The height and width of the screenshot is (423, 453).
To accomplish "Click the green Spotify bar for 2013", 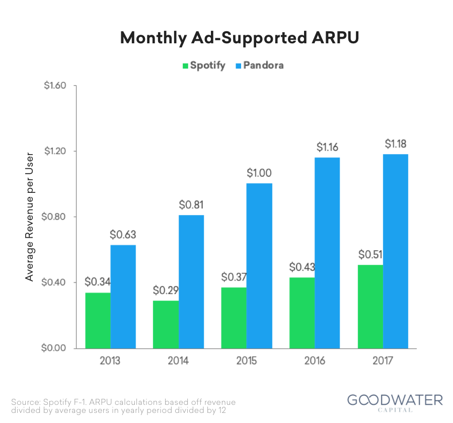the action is click(x=98, y=320).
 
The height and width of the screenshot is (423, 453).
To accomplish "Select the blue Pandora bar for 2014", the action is click(x=191, y=281).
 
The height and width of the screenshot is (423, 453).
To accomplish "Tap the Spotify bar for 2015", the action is click(x=234, y=318).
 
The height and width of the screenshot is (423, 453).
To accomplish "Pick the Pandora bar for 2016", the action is click(x=327, y=253).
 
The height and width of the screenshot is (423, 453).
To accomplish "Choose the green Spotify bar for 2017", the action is click(x=370, y=307).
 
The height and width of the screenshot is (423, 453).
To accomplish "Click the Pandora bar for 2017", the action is click(x=396, y=251).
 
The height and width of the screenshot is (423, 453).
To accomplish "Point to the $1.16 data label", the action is click(x=327, y=147).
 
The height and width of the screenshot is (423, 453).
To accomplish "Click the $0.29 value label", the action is click(x=166, y=290).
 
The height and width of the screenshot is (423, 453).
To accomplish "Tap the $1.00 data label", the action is click(x=259, y=173).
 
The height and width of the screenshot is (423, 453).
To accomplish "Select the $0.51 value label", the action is click(x=370, y=254).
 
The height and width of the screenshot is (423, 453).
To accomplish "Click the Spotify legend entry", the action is click(x=204, y=65).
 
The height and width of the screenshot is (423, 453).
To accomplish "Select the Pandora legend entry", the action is click(x=260, y=65).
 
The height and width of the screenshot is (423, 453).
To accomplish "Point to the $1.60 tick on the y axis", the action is click(x=55, y=86).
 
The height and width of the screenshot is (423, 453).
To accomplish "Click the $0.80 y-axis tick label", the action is click(x=54, y=217).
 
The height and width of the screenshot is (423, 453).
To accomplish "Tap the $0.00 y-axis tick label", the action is click(x=54, y=347).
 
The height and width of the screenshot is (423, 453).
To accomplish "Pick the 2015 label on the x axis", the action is click(x=247, y=361).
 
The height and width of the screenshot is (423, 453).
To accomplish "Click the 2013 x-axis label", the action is click(x=110, y=361).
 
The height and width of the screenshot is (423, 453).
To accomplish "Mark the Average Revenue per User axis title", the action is click(x=30, y=217).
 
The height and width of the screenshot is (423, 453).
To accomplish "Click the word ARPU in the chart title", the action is click(x=335, y=38).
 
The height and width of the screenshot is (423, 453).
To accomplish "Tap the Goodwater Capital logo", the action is click(x=395, y=403).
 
